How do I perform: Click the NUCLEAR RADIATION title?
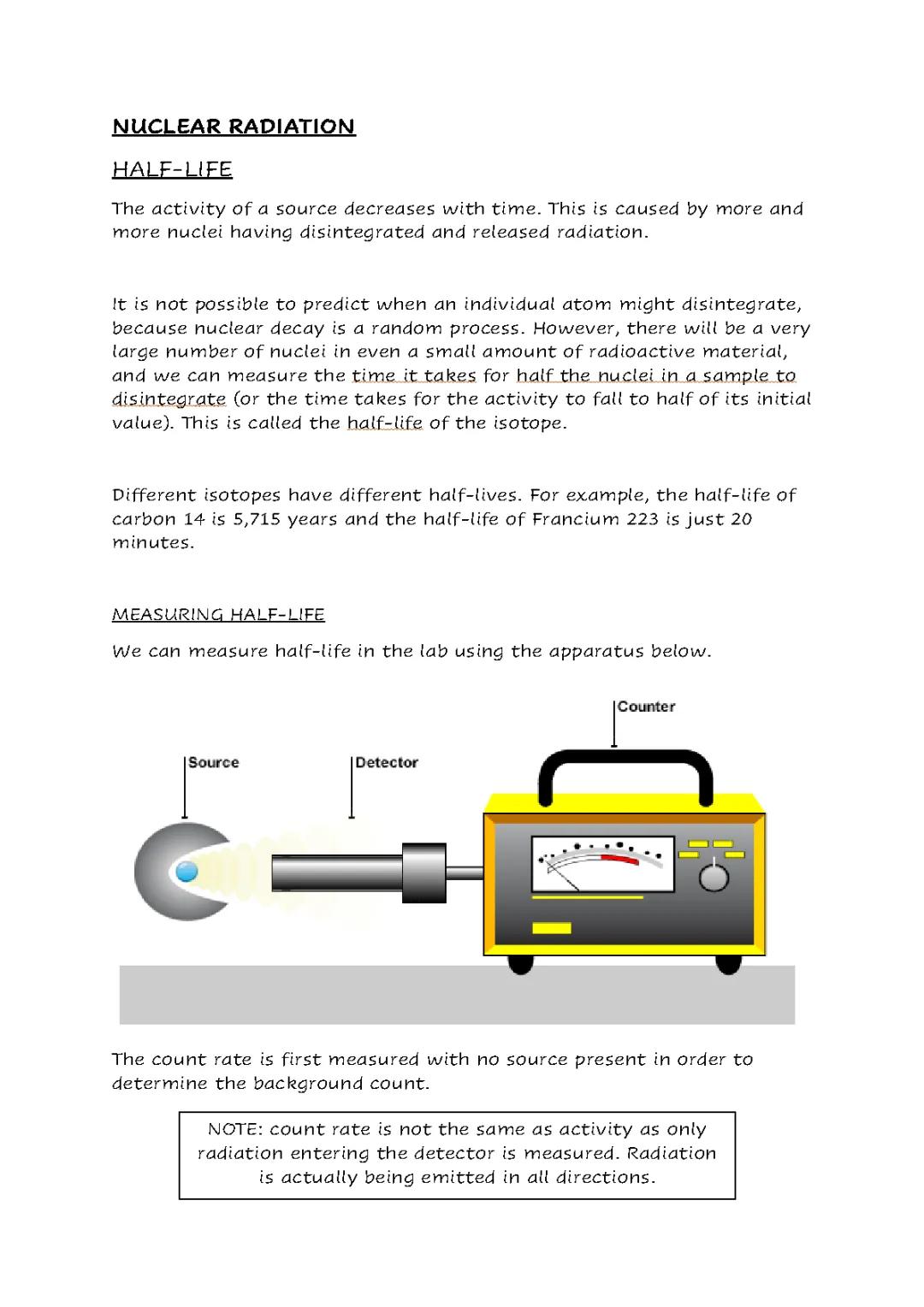click(233, 127)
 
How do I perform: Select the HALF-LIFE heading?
click(172, 169)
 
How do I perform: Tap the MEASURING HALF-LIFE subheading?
click(218, 614)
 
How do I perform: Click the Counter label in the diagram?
click(646, 707)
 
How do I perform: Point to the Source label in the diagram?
click(213, 762)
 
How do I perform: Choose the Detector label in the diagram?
click(386, 762)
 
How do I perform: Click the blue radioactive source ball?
click(187, 872)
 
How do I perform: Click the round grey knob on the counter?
click(714, 878)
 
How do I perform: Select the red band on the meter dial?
click(620, 858)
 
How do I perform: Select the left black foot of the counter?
click(520, 963)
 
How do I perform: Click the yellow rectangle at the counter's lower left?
click(551, 929)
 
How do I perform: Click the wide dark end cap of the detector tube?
click(424, 872)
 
